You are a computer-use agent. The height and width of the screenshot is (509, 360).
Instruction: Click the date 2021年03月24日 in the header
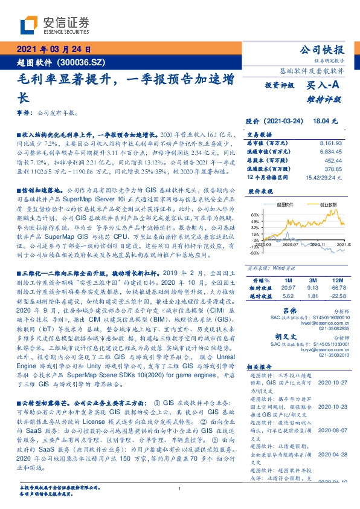pos(53,50)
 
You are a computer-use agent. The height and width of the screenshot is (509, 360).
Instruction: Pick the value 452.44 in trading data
pos(333,161)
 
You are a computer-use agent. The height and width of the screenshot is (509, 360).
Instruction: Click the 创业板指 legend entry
pos(312,206)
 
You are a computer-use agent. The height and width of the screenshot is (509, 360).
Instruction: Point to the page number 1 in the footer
pos(180,490)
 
